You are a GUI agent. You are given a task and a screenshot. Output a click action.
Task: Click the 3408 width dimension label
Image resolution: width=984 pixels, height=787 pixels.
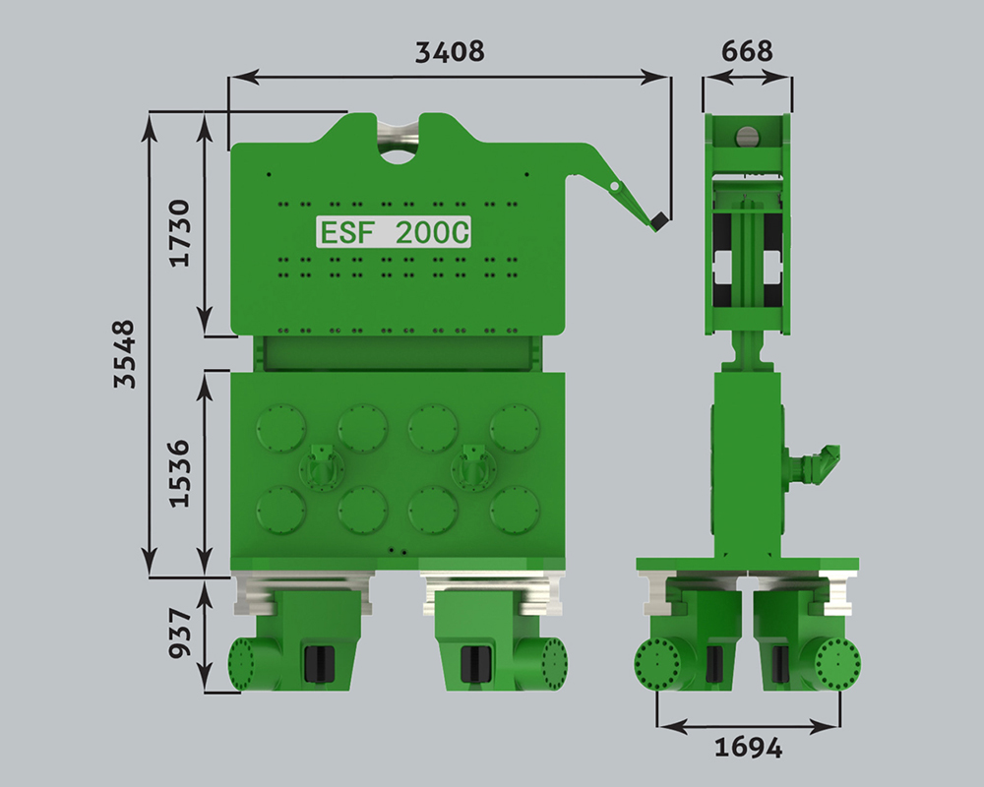(450, 51)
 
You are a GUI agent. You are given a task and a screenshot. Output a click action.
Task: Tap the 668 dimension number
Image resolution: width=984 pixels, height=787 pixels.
(747, 51)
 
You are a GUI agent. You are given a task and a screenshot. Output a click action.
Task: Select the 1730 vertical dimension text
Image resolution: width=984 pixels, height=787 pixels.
(180, 233)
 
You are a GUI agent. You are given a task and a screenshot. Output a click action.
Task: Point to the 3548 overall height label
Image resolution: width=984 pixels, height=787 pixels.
(125, 354)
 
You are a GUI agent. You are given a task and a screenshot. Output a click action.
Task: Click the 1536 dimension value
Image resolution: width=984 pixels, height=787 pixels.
(180, 474)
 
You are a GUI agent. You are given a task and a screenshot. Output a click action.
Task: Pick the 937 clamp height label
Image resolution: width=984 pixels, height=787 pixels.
(180, 633)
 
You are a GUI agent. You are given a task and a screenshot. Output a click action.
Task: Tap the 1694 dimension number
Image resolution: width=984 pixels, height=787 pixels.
(749, 748)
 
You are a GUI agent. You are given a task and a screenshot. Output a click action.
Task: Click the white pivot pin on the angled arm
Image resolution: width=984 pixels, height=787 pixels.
(614, 186)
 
